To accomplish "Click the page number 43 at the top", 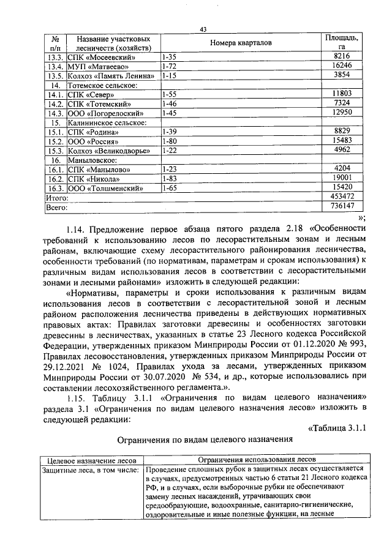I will (x=203, y=29).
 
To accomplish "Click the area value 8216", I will (x=342, y=56).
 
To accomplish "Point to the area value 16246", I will (x=342, y=66).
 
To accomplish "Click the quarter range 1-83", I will (x=169, y=179).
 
